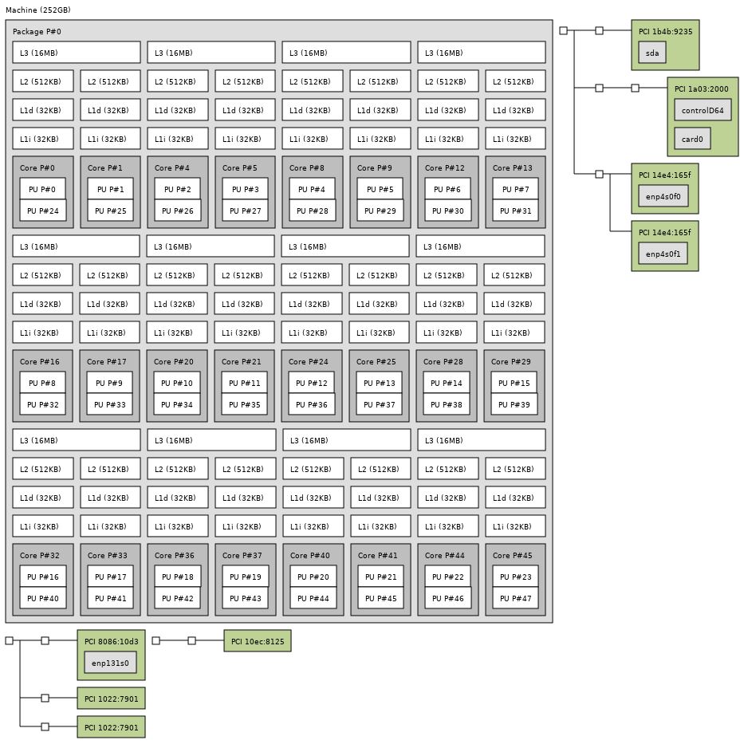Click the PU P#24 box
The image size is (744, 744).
[x=43, y=211]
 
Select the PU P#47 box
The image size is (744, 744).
[x=515, y=598]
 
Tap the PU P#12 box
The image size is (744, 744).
[x=312, y=383]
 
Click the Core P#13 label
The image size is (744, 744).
[x=512, y=168]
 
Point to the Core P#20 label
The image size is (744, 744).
[x=174, y=362]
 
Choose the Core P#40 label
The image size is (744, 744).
[x=309, y=556]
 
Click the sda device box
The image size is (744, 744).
[x=652, y=53]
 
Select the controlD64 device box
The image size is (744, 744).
[x=703, y=111]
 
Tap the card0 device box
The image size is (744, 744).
[x=692, y=140]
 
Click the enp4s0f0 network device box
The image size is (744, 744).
[x=663, y=197]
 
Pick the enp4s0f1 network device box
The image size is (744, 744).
[x=663, y=254]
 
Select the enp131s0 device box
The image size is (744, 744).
[x=110, y=663]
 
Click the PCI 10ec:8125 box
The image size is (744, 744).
[x=258, y=641]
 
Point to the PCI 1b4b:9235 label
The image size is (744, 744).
[x=665, y=32]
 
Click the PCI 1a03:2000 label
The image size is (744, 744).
[x=701, y=89]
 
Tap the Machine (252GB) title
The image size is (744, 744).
[x=37, y=10]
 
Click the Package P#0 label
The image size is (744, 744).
[x=37, y=32]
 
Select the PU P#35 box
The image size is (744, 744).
[x=245, y=404]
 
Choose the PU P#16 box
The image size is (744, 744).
[x=43, y=577]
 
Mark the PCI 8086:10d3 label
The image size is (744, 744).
[x=111, y=641]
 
